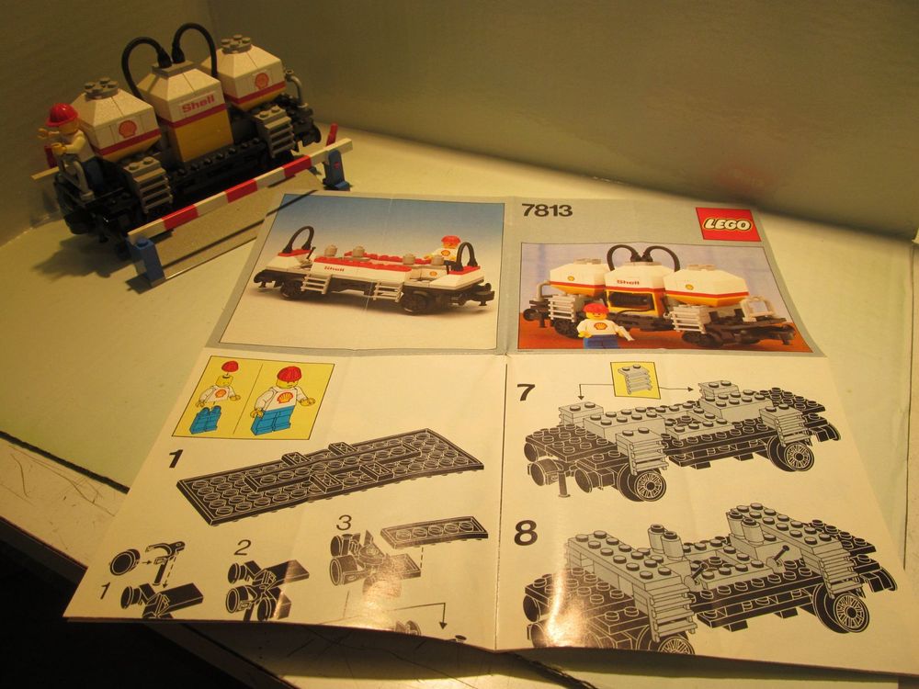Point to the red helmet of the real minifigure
point(62,115)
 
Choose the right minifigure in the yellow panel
point(286,398)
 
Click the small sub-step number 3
point(343,522)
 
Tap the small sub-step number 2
point(242,548)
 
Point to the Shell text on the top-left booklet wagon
point(334,266)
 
